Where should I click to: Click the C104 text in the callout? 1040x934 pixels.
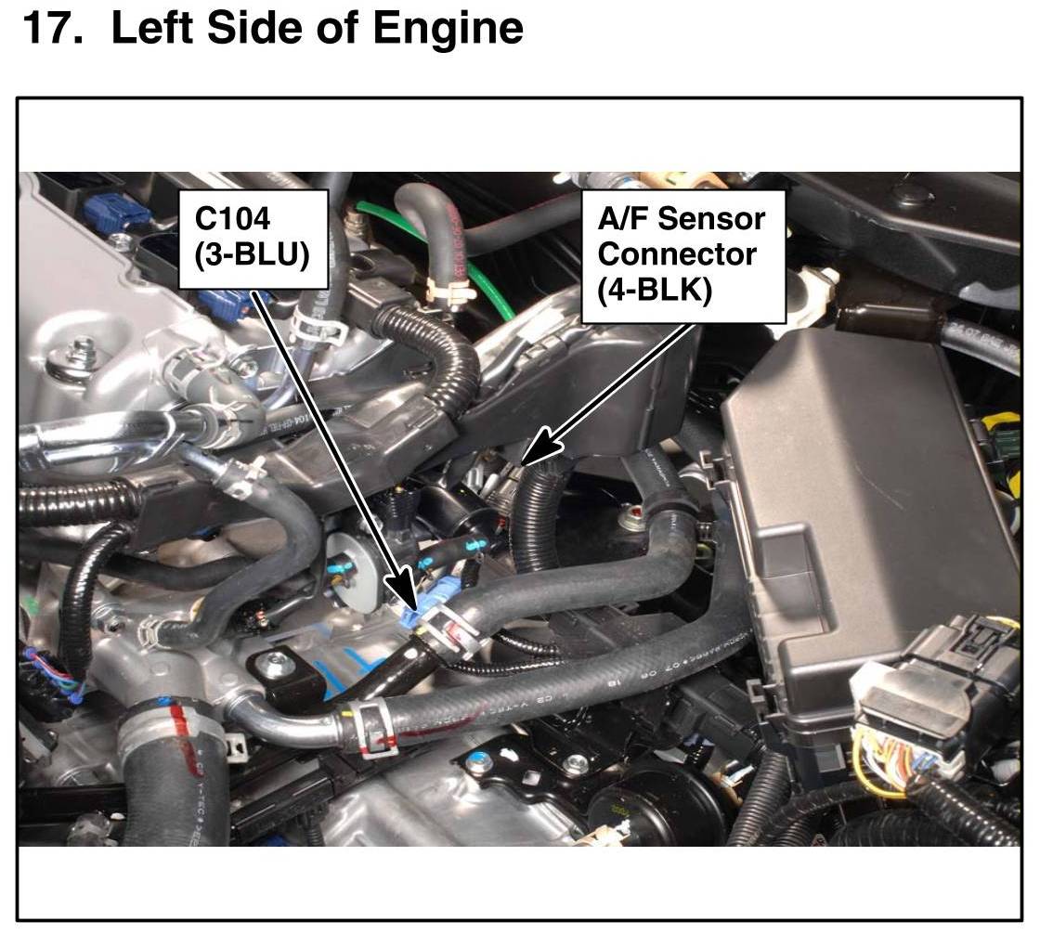233,218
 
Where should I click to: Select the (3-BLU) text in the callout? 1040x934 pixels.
251,253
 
